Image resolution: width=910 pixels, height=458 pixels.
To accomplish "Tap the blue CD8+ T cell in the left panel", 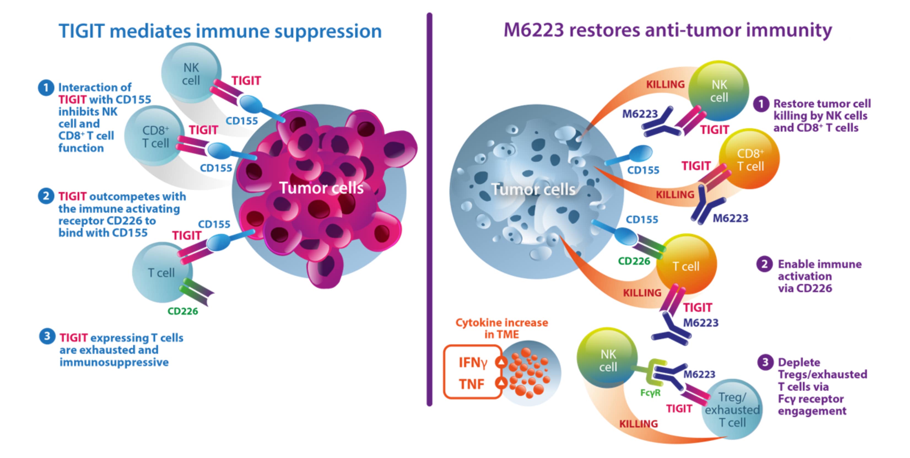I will pos(155,136).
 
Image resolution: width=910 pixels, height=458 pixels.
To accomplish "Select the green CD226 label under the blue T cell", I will pos(183,311).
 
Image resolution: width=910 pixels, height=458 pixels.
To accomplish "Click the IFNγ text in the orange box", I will pos(473,363).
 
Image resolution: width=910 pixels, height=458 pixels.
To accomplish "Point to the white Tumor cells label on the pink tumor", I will pos(321,188).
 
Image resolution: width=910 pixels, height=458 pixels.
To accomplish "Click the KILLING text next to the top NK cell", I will pos(665,84).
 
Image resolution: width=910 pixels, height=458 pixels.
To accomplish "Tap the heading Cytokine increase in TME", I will pos(502,328).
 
